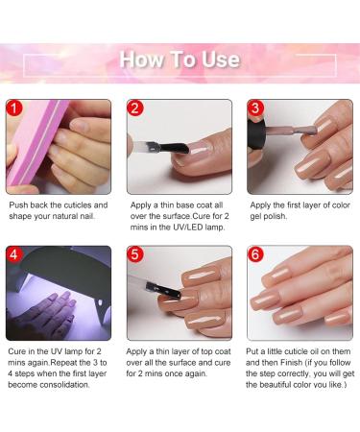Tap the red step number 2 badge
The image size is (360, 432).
point(136,108)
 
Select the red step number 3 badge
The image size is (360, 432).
point(256,108)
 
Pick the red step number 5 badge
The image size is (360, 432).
point(136,255)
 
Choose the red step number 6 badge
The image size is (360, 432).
point(256,255)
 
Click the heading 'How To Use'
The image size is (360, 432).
point(180,60)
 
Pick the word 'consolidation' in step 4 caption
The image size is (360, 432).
point(55,384)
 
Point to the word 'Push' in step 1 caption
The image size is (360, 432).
point(20,205)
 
